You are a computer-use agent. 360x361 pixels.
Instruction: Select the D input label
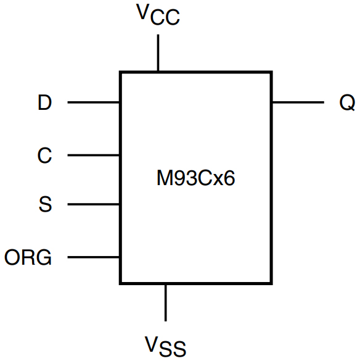[44, 102]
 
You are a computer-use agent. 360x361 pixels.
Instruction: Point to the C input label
[44, 156]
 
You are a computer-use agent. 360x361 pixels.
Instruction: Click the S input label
[45, 204]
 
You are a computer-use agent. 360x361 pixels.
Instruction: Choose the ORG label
[28, 257]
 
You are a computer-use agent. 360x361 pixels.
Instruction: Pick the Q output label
[347, 102]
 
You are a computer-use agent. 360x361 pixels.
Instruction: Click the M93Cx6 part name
[195, 180]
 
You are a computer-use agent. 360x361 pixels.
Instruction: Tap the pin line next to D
[93, 102]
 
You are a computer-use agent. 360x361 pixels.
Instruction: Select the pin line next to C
[93, 155]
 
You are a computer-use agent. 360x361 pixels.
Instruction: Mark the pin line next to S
[93, 204]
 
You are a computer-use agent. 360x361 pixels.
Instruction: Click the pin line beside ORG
[93, 257]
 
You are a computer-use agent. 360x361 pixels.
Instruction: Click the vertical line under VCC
[158, 53]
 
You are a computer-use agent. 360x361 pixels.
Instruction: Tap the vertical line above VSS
[165, 302]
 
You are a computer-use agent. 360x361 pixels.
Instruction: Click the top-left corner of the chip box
[120, 72]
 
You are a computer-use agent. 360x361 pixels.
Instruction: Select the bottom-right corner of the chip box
[271, 283]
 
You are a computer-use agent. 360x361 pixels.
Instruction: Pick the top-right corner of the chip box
[271, 72]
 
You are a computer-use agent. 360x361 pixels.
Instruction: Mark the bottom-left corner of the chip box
[120, 283]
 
